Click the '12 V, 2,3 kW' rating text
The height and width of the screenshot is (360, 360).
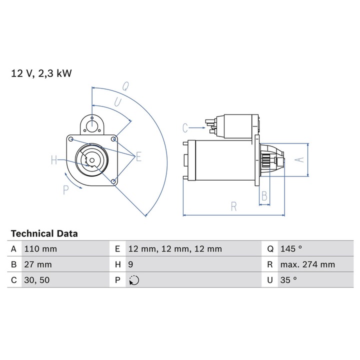(x=41, y=73)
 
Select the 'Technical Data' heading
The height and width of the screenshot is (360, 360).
(x=44, y=233)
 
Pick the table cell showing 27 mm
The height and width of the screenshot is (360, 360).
(x=37, y=264)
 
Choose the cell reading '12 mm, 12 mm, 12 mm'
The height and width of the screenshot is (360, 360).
(x=175, y=249)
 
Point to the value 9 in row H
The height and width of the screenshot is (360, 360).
(x=130, y=264)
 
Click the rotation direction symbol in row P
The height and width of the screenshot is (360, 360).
(x=133, y=280)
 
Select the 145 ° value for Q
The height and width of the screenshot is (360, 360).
(x=291, y=249)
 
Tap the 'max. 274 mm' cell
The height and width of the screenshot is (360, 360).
(x=307, y=264)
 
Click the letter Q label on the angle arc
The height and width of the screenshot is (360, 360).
(x=126, y=85)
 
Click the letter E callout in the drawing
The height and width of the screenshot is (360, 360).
(x=138, y=157)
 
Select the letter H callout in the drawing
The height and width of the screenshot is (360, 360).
(x=54, y=160)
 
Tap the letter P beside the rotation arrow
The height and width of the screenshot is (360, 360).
(x=65, y=189)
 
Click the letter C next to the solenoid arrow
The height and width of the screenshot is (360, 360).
(x=185, y=128)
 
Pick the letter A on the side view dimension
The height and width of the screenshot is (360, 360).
(x=299, y=159)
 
